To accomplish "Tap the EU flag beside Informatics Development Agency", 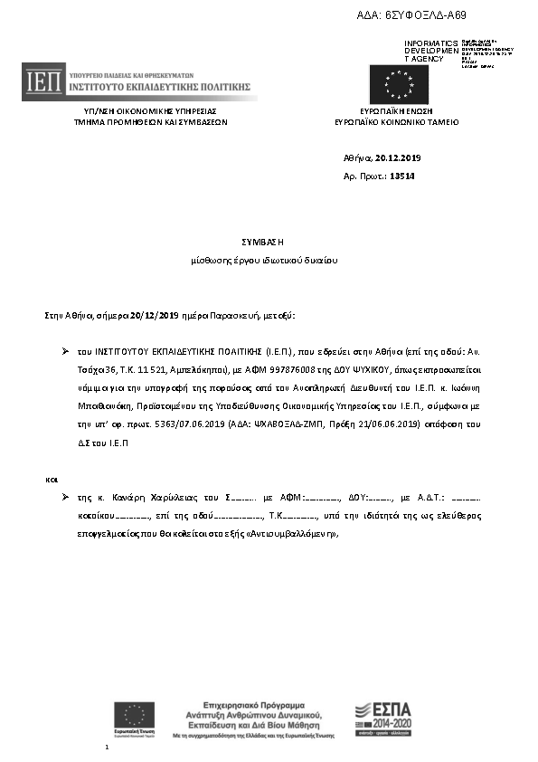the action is (x=396, y=85).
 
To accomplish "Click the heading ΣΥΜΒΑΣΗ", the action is (x=263, y=243).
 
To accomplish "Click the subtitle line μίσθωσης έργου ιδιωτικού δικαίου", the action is (x=263, y=261).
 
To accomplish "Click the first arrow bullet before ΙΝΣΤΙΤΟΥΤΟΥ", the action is (x=65, y=348).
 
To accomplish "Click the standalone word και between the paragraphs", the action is (x=52, y=477).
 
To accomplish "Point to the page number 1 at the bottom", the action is (x=107, y=748).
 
